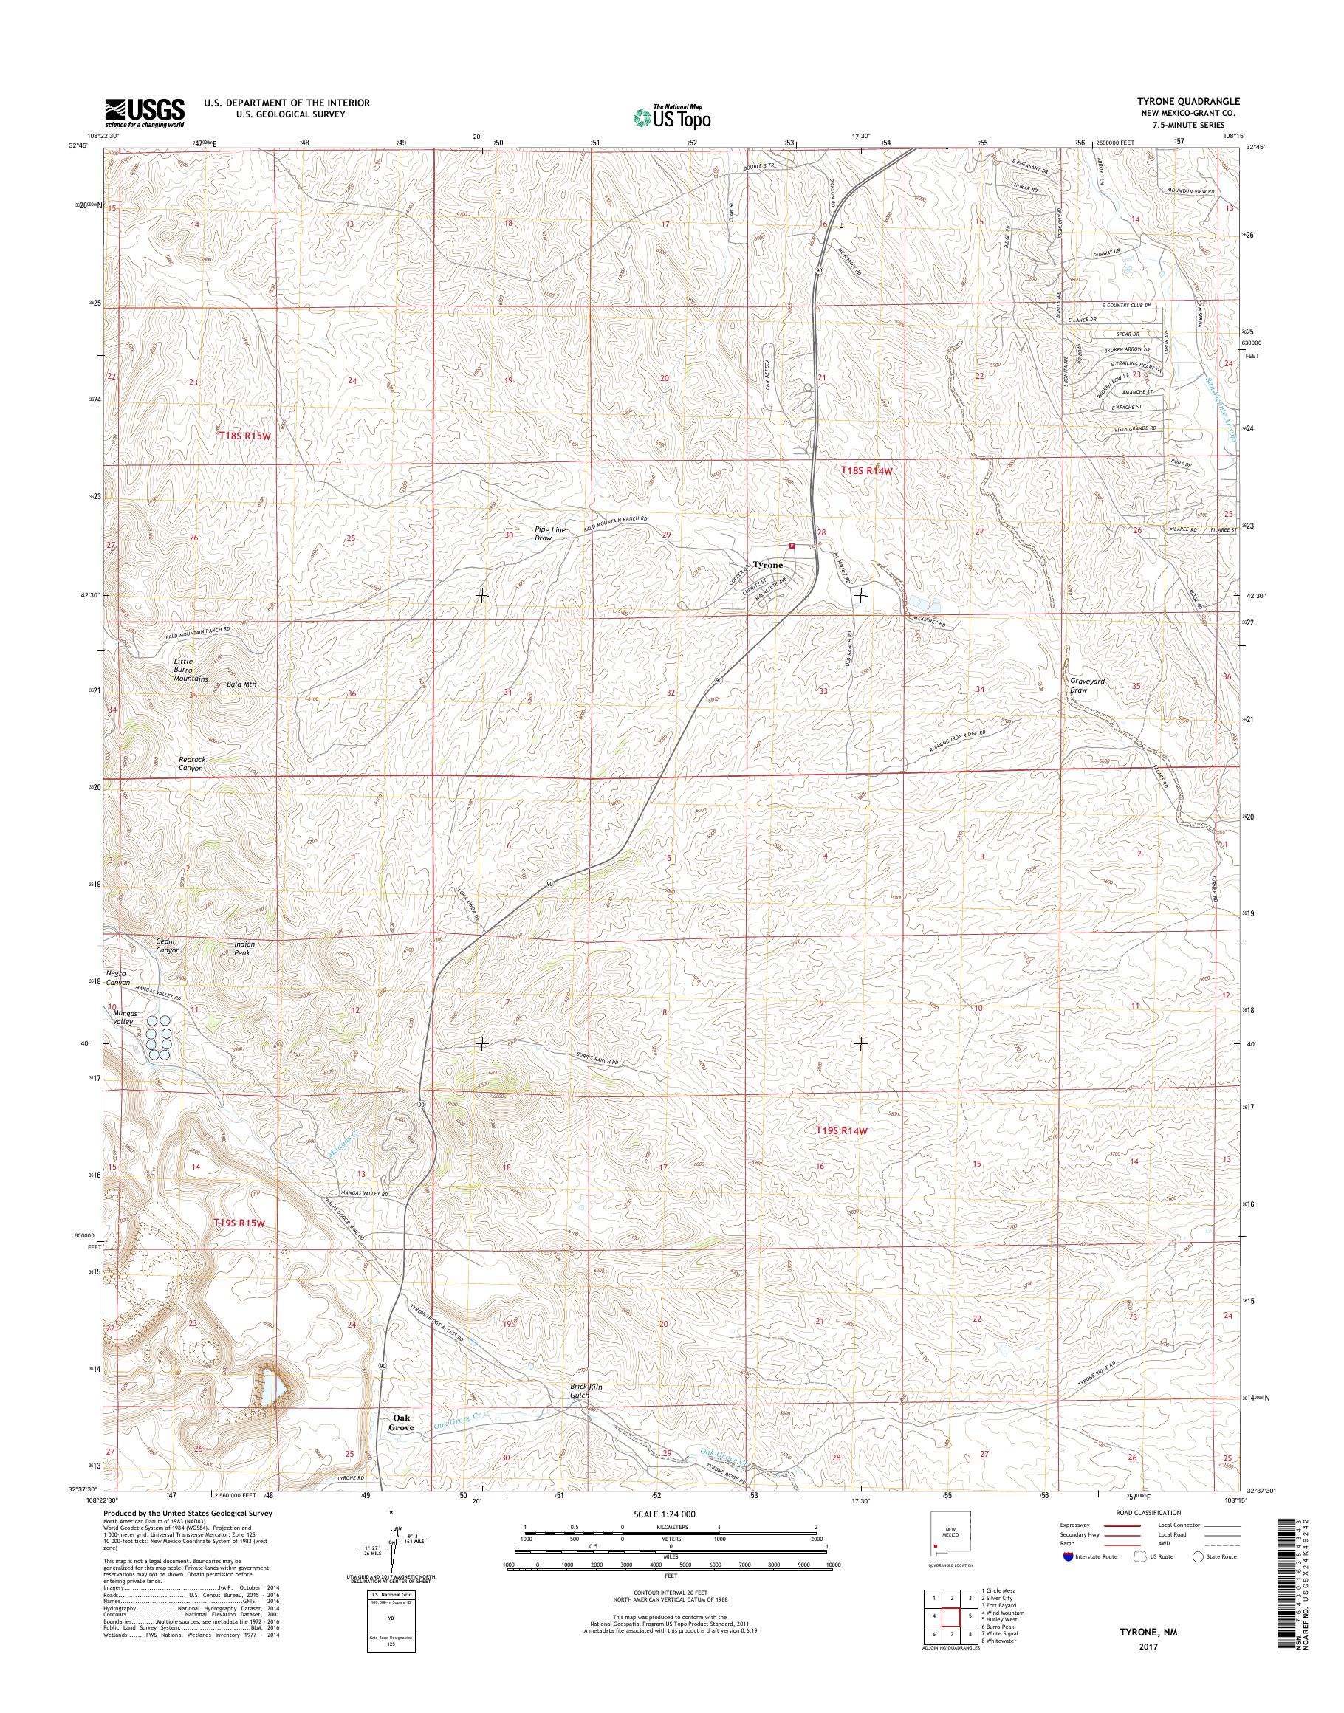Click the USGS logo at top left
[x=145, y=113]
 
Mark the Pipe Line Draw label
[x=550, y=534]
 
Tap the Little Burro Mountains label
[x=191, y=670]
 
